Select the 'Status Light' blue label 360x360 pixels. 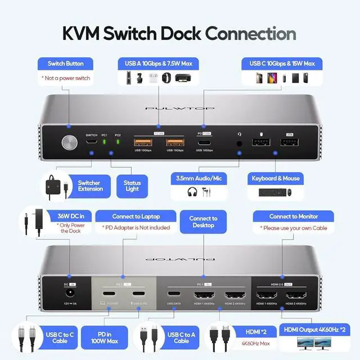coord(132,185)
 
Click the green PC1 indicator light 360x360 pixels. coord(105,142)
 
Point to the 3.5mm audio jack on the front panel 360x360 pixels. coord(240,143)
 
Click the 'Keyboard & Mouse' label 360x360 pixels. coord(275,178)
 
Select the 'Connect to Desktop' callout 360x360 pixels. coord(203,222)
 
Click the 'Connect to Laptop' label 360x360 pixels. coord(136,217)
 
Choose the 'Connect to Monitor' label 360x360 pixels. coord(293,217)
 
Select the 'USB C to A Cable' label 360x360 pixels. coord(181,337)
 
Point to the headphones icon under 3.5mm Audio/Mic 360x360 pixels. coord(192,192)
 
